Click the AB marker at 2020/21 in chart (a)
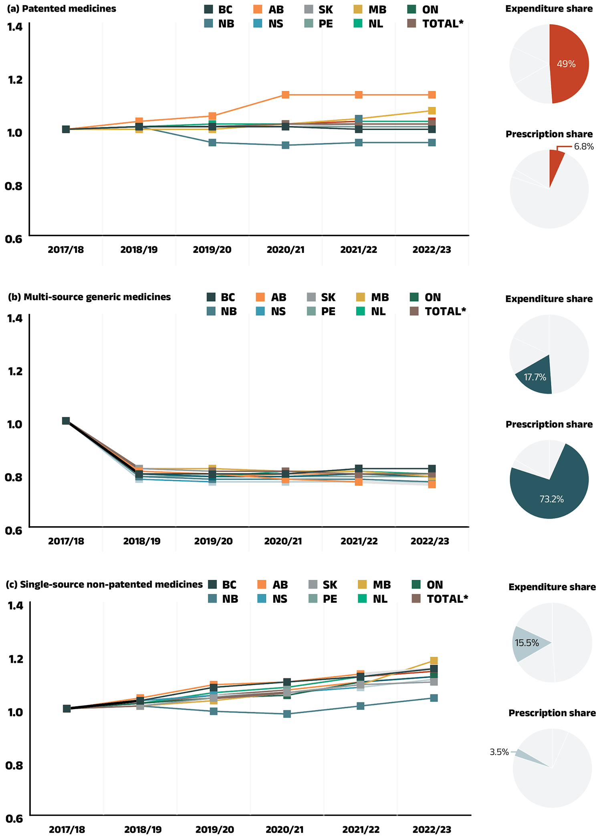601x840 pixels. point(285,95)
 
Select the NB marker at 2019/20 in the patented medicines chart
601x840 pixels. point(212,142)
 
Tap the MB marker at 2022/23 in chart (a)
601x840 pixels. point(432,110)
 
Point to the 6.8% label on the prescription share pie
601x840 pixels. point(583,146)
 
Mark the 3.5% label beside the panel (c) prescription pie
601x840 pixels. point(499,752)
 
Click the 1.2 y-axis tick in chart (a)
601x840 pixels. point(15,80)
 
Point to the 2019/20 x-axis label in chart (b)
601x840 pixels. point(213,541)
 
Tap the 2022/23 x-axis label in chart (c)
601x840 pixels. point(432,830)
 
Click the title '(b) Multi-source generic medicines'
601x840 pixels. point(89,297)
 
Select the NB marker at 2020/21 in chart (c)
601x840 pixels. point(287,714)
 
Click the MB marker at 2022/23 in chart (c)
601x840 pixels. point(434,660)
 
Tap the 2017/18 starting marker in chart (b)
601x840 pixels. point(66,421)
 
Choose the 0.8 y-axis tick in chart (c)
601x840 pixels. point(14,765)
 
